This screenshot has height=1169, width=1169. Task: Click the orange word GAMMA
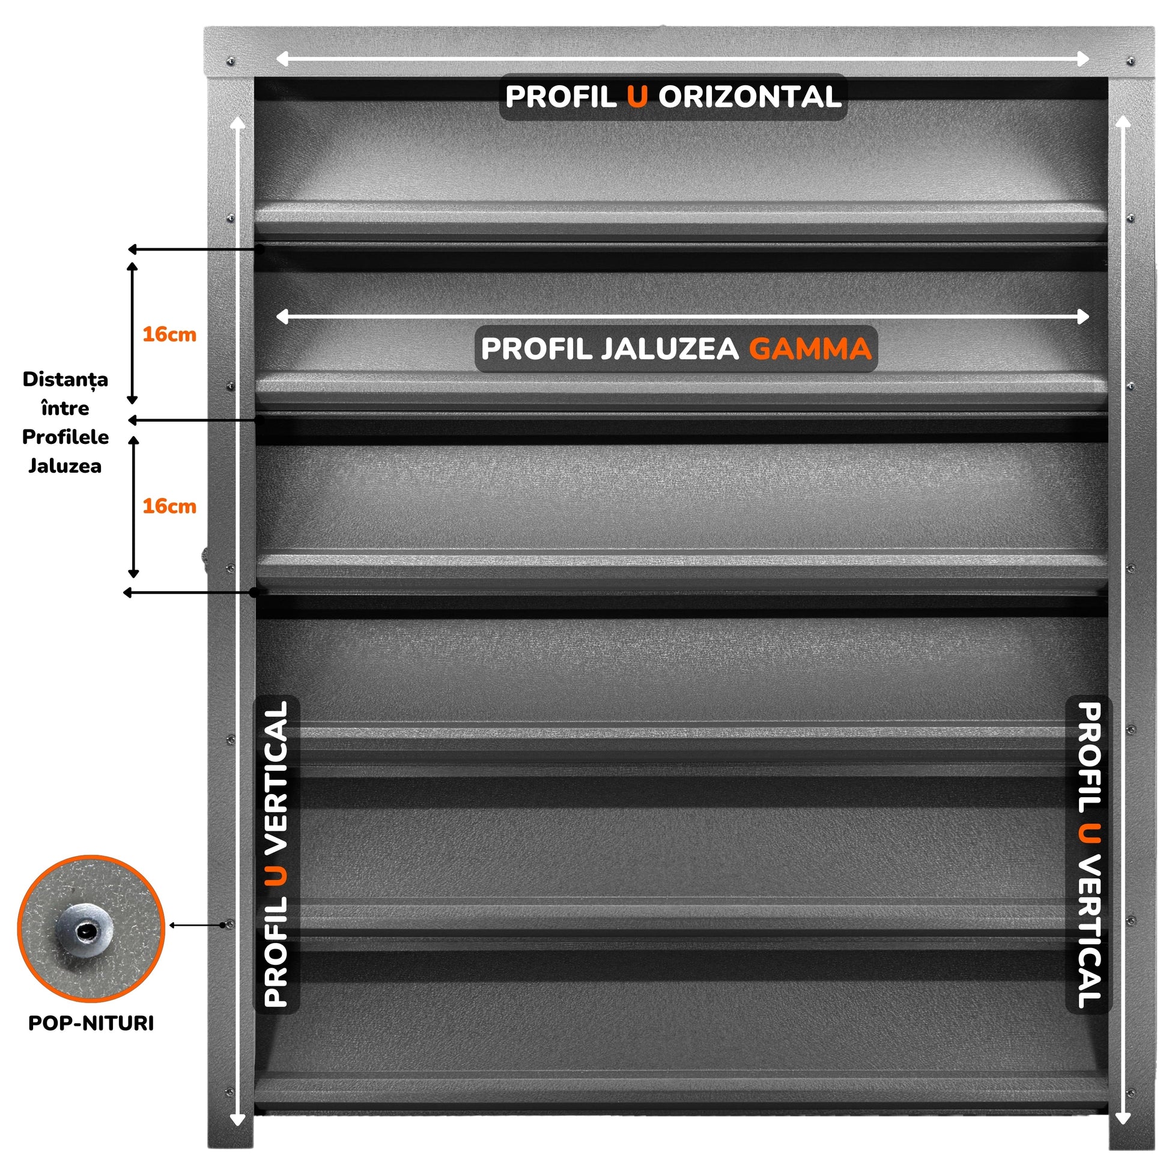pyautogui.click(x=810, y=349)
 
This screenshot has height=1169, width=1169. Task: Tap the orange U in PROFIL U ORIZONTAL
pyautogui.click(x=637, y=97)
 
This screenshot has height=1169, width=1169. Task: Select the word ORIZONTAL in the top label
pyautogui.click(x=750, y=97)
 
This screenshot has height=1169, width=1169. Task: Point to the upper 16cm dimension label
pyautogui.click(x=169, y=335)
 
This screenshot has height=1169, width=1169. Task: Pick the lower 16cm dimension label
pyautogui.click(x=169, y=506)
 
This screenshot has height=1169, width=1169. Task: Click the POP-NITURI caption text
pyautogui.click(x=91, y=1023)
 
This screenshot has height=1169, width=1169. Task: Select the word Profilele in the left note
pyautogui.click(x=65, y=437)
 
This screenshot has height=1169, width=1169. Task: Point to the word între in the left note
pyautogui.click(x=65, y=408)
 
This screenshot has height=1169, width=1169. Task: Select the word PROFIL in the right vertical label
pyautogui.click(x=1089, y=758)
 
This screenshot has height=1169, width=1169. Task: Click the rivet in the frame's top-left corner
pyautogui.click(x=230, y=61)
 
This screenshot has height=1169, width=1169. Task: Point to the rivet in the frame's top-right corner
pyautogui.click(x=1131, y=61)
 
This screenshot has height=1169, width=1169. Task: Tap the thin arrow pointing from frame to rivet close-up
pyautogui.click(x=197, y=925)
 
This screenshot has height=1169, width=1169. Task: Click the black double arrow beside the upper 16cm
pyautogui.click(x=133, y=333)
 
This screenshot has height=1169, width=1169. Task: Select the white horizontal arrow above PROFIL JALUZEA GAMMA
pyautogui.click(x=682, y=317)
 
